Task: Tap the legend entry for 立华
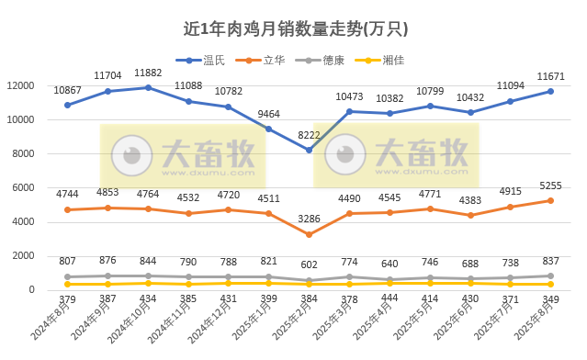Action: [270, 61]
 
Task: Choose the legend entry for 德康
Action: [332, 61]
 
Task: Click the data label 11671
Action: [550, 76]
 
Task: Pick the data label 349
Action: [551, 298]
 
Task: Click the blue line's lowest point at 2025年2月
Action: [310, 150]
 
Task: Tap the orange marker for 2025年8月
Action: [550, 200]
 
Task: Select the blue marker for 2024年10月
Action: [148, 87]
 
